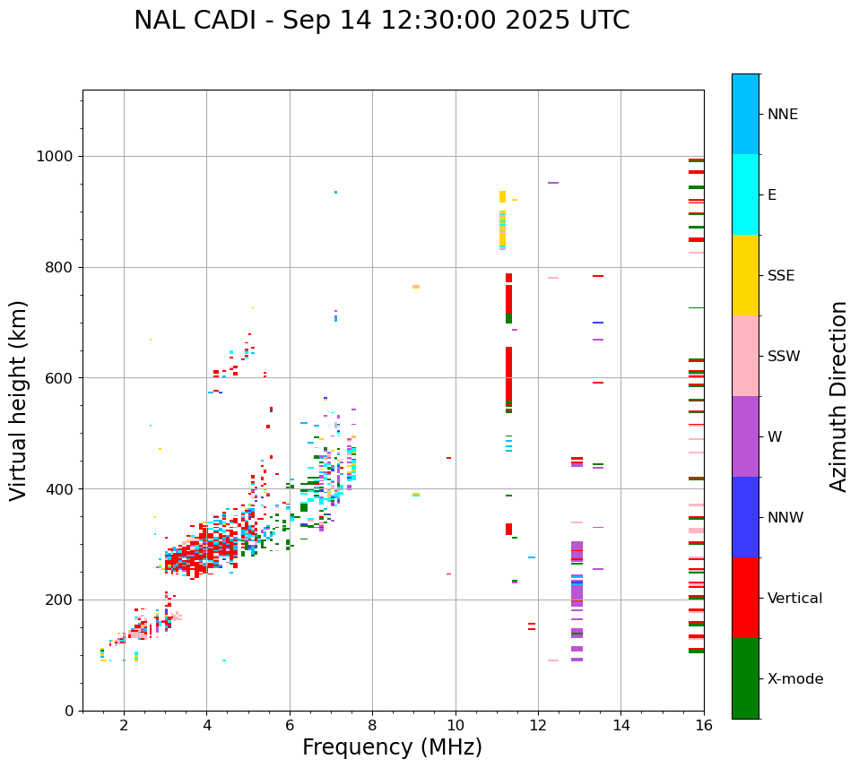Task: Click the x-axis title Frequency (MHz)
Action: (x=392, y=747)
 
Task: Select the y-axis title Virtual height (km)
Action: (x=19, y=400)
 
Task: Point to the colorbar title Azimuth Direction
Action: (x=838, y=395)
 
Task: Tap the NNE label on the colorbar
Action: (x=782, y=115)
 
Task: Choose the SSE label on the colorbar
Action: (x=780, y=275)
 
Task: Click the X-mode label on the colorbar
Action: (x=794, y=679)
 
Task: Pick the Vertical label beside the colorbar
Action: (x=794, y=599)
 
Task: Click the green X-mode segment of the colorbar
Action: (x=745, y=678)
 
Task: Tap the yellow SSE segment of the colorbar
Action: (x=745, y=275)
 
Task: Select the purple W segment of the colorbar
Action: (x=745, y=436)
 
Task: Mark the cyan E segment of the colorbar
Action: (x=745, y=194)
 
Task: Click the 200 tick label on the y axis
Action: (x=63, y=600)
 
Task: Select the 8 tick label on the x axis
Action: (x=372, y=725)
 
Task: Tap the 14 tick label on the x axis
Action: (x=620, y=725)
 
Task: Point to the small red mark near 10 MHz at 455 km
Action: (x=448, y=458)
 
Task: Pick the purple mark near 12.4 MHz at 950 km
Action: (x=553, y=183)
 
